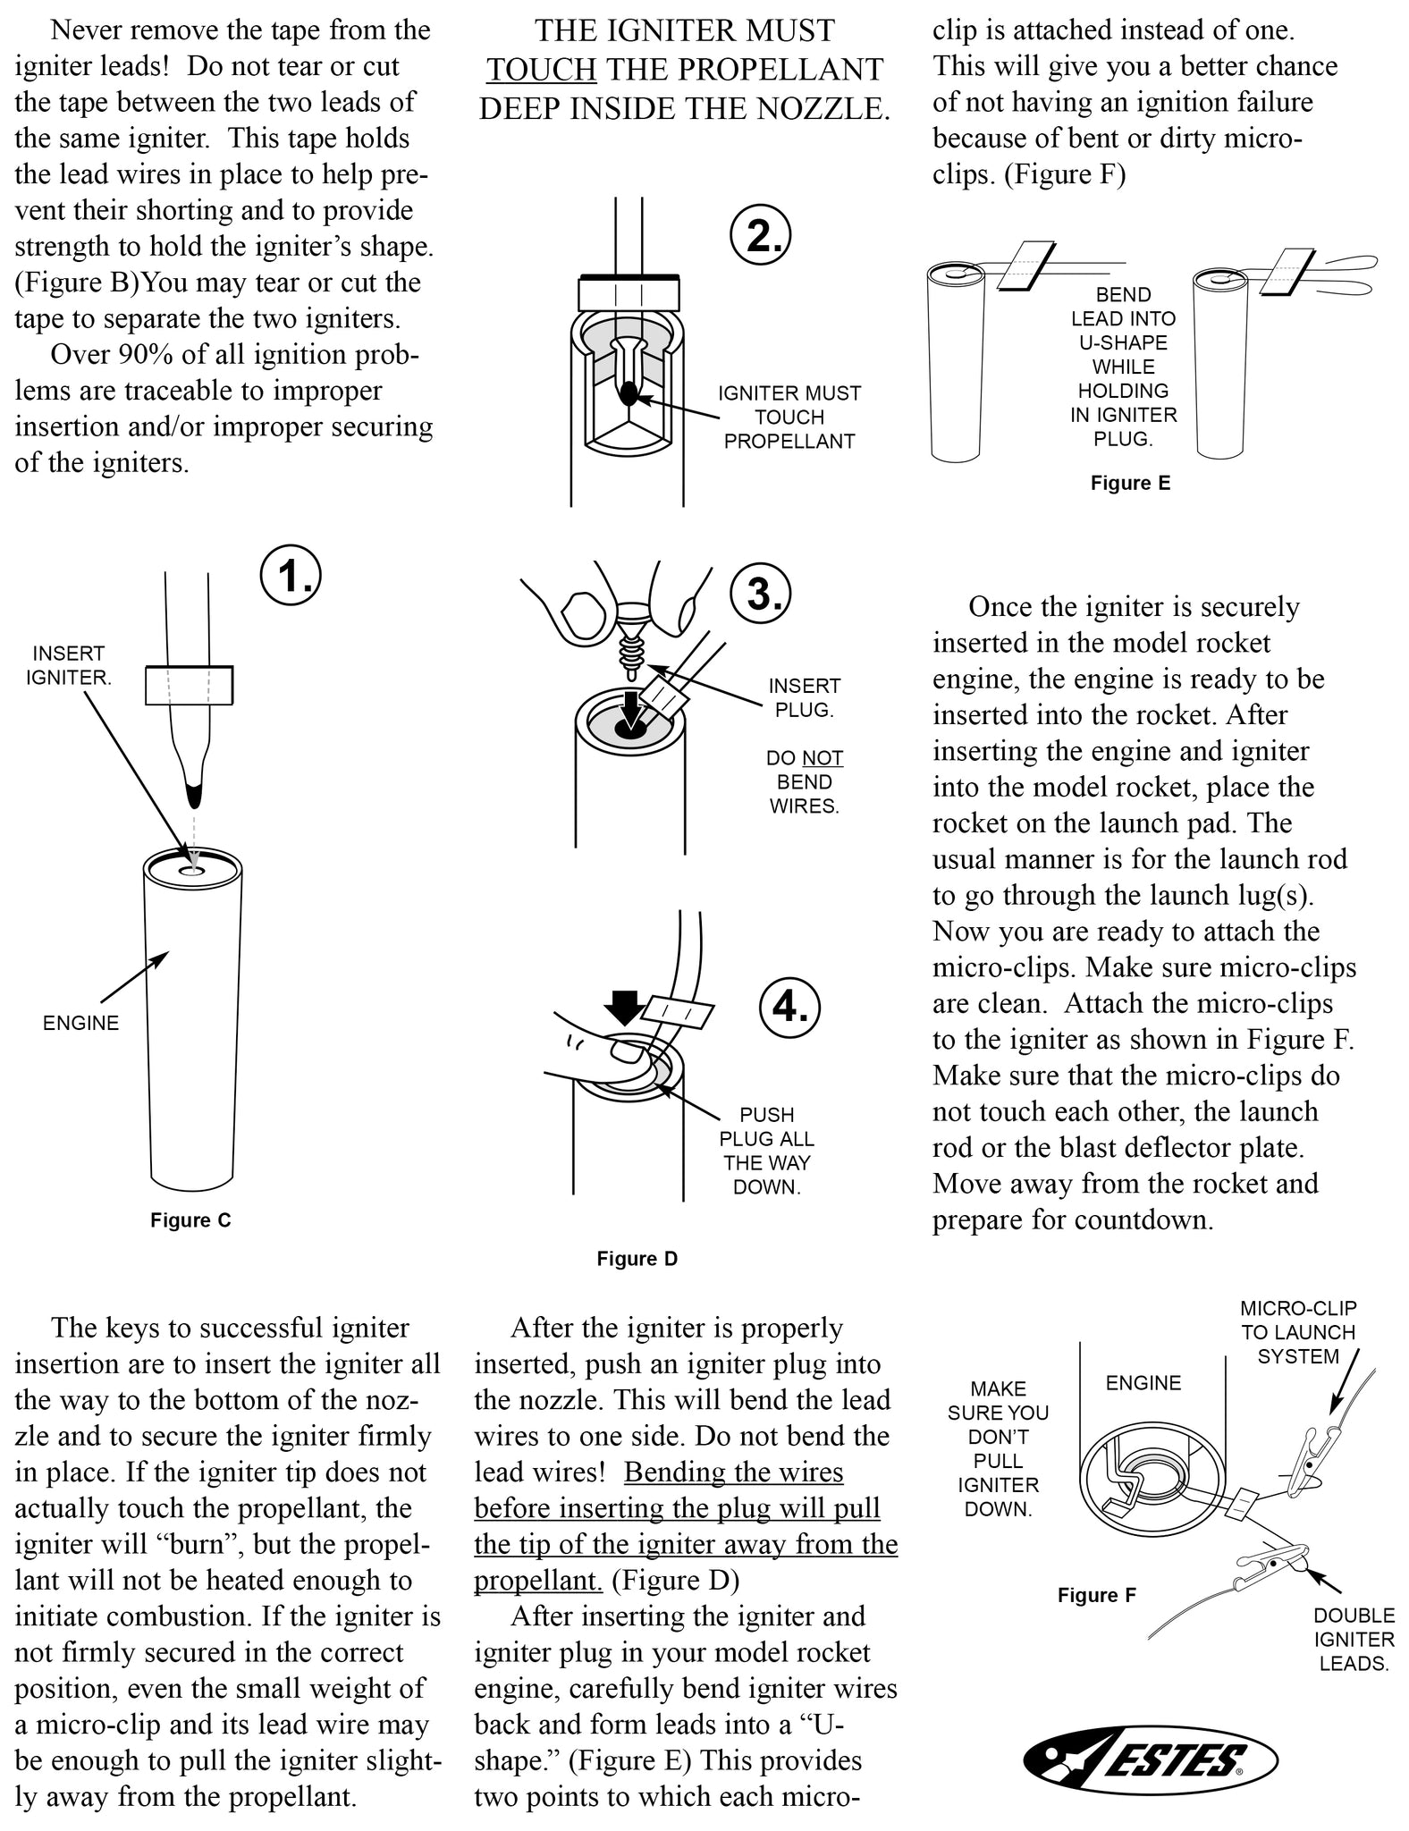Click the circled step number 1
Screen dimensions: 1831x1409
pos(291,577)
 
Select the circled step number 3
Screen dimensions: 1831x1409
pos(760,593)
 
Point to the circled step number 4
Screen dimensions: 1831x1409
pos(789,1007)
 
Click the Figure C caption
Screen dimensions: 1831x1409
pos(190,1220)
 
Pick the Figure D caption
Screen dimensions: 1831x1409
pos(637,1259)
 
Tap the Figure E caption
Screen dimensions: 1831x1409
pos(1130,484)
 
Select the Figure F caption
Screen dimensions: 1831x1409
pos(1097,1595)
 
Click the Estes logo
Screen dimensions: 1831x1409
pos(1150,1761)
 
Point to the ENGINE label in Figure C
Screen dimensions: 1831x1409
pos(80,1023)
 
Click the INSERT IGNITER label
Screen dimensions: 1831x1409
pos(69,665)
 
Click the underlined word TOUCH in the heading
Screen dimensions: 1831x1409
pos(542,70)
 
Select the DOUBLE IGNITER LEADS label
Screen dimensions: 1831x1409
pos(1354,1640)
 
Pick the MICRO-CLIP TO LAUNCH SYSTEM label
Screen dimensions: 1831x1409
pos(1298,1332)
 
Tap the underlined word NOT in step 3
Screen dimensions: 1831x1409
pos(823,758)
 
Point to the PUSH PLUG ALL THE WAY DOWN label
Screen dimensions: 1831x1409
pos(766,1151)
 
